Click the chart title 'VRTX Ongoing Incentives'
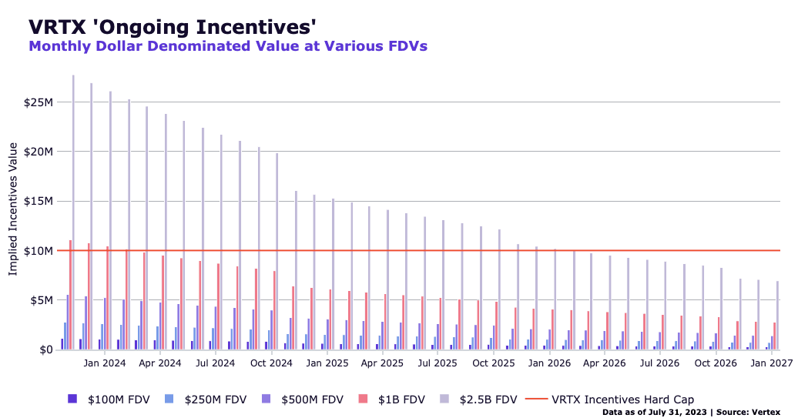[x=173, y=26]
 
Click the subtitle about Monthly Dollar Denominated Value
[x=228, y=46]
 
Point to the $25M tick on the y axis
[x=39, y=102]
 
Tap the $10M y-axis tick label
[x=39, y=251]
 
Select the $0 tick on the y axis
[x=45, y=350]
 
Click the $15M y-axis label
[x=39, y=202]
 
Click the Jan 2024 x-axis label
[x=105, y=363]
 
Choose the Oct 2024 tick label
[x=272, y=363]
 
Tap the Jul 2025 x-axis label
[x=438, y=363]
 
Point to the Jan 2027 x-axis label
[x=770, y=363]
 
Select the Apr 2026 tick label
[x=605, y=363]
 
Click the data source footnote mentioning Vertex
[x=696, y=413]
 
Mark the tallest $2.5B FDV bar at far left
[x=73, y=212]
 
